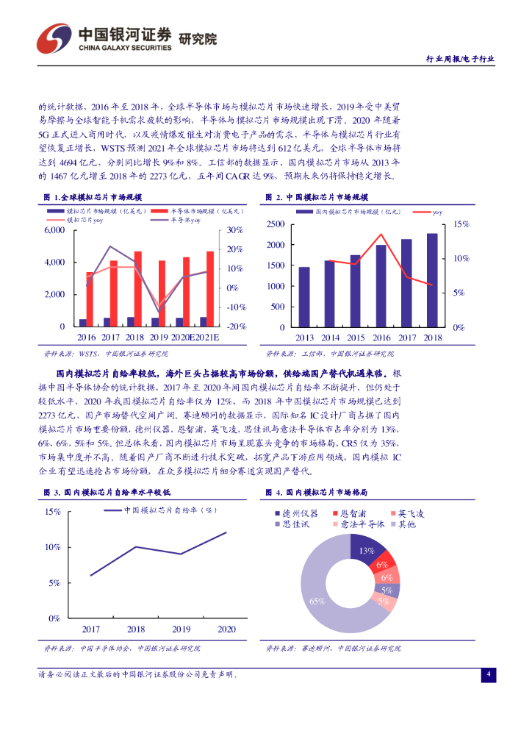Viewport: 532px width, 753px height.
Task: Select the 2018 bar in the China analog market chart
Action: click(x=432, y=280)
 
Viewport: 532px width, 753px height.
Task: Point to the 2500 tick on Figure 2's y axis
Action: click(x=276, y=224)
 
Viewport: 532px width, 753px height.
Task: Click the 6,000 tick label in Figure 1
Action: click(x=55, y=230)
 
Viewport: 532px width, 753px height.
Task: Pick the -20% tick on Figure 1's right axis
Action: click(x=235, y=326)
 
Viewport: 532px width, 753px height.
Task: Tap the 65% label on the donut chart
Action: click(x=317, y=601)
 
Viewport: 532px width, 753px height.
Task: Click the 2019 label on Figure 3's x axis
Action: click(x=181, y=629)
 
